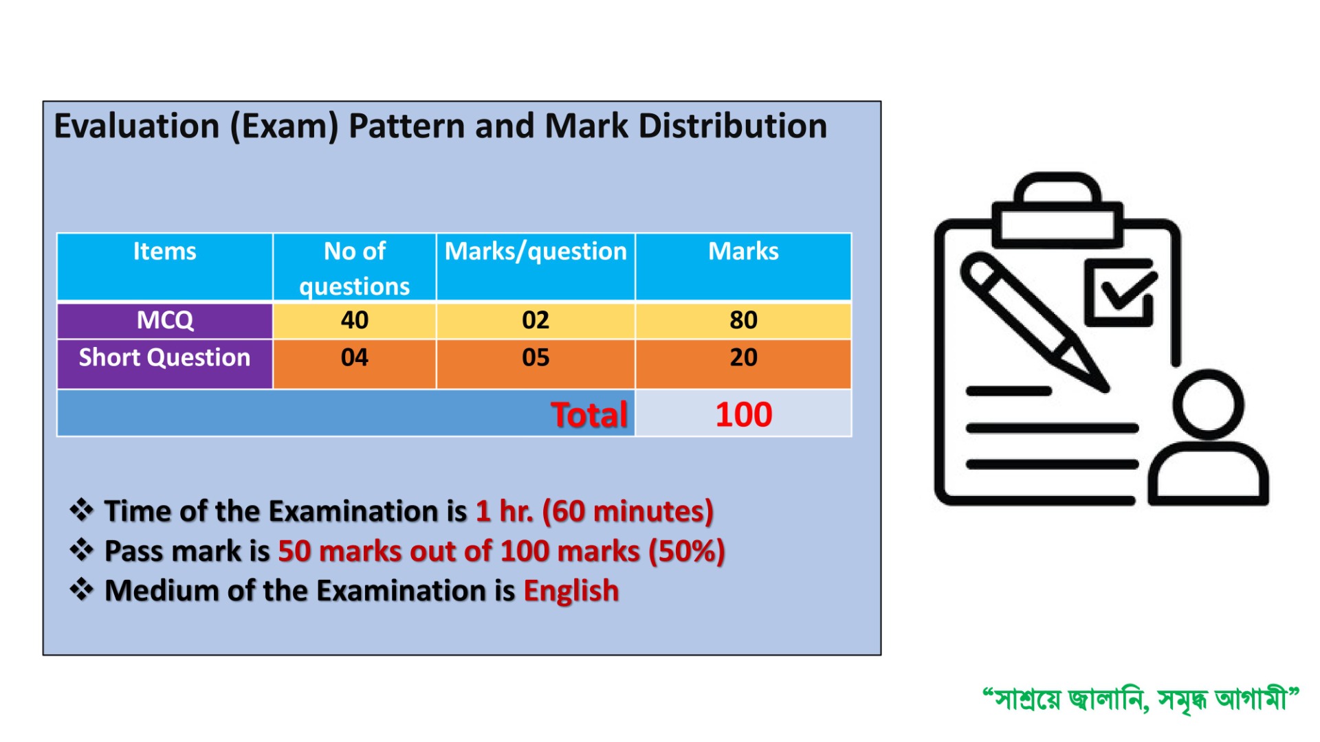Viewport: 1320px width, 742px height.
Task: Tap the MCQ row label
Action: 165,320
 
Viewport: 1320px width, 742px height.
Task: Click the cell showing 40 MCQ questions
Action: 355,320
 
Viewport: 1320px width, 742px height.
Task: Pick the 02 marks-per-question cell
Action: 536,320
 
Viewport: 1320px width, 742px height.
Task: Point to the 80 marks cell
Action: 743,320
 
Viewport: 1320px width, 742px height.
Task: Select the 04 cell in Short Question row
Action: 355,364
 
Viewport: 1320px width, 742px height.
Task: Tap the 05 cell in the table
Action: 536,364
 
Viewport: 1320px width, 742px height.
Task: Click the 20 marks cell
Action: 743,364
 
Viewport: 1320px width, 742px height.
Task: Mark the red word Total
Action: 589,415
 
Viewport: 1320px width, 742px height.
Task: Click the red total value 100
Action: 744,415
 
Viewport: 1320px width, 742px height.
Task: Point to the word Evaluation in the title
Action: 136,126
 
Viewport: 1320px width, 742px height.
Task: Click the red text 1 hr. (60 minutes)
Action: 595,512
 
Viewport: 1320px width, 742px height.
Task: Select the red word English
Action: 571,592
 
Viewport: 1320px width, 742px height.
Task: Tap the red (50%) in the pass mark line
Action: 687,552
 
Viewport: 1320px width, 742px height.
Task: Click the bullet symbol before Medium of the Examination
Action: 82,589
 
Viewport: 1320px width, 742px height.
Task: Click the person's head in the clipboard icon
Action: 1208,404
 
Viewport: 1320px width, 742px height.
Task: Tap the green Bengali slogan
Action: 1141,699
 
